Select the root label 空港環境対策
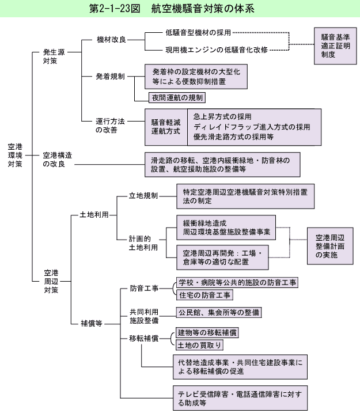tap(16, 156)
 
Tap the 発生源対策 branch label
tap(54, 56)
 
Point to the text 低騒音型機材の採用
tap(198, 33)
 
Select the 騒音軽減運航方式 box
tap(165, 127)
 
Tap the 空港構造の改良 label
tap(58, 160)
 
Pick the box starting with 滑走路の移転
tap(221, 164)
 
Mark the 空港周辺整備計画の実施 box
tap(330, 245)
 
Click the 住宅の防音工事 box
tap(204, 295)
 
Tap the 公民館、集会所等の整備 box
tap(218, 312)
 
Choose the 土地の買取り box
tap(199, 345)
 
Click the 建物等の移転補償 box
tap(207, 333)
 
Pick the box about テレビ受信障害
tap(242, 398)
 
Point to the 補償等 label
tap(91, 323)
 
